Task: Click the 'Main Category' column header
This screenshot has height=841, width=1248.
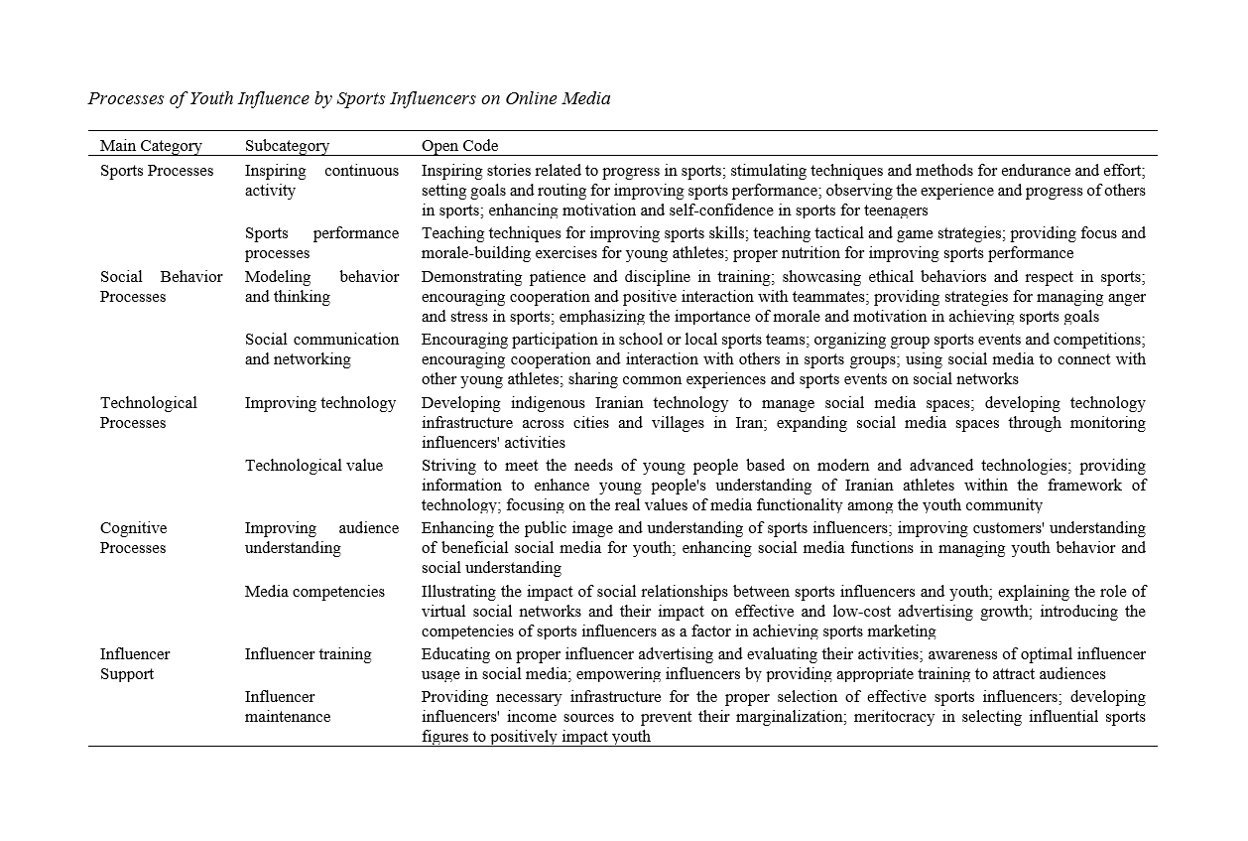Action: (151, 146)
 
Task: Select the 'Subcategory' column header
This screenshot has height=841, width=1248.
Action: (287, 146)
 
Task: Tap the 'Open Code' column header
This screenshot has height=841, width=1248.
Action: (459, 146)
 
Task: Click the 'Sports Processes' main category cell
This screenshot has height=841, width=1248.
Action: (157, 171)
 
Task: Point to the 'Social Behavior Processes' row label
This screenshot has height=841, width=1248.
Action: (161, 287)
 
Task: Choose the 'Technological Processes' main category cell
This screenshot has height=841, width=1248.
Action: (149, 413)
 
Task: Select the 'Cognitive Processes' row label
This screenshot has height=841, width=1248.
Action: (134, 538)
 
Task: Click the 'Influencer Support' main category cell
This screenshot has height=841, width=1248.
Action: (134, 664)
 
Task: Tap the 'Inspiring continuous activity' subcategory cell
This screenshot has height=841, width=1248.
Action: (321, 181)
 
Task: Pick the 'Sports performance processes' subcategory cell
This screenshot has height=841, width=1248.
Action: (321, 243)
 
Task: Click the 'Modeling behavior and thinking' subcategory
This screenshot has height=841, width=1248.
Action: (321, 287)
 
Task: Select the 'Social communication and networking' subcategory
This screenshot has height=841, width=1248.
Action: (321, 350)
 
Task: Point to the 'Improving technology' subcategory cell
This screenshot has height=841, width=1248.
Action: (320, 403)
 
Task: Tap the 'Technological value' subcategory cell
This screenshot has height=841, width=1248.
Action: (313, 466)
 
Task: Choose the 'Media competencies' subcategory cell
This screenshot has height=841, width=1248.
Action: (314, 592)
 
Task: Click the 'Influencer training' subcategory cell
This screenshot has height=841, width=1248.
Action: (309, 654)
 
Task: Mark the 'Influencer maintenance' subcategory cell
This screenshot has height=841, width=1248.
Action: (288, 707)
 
